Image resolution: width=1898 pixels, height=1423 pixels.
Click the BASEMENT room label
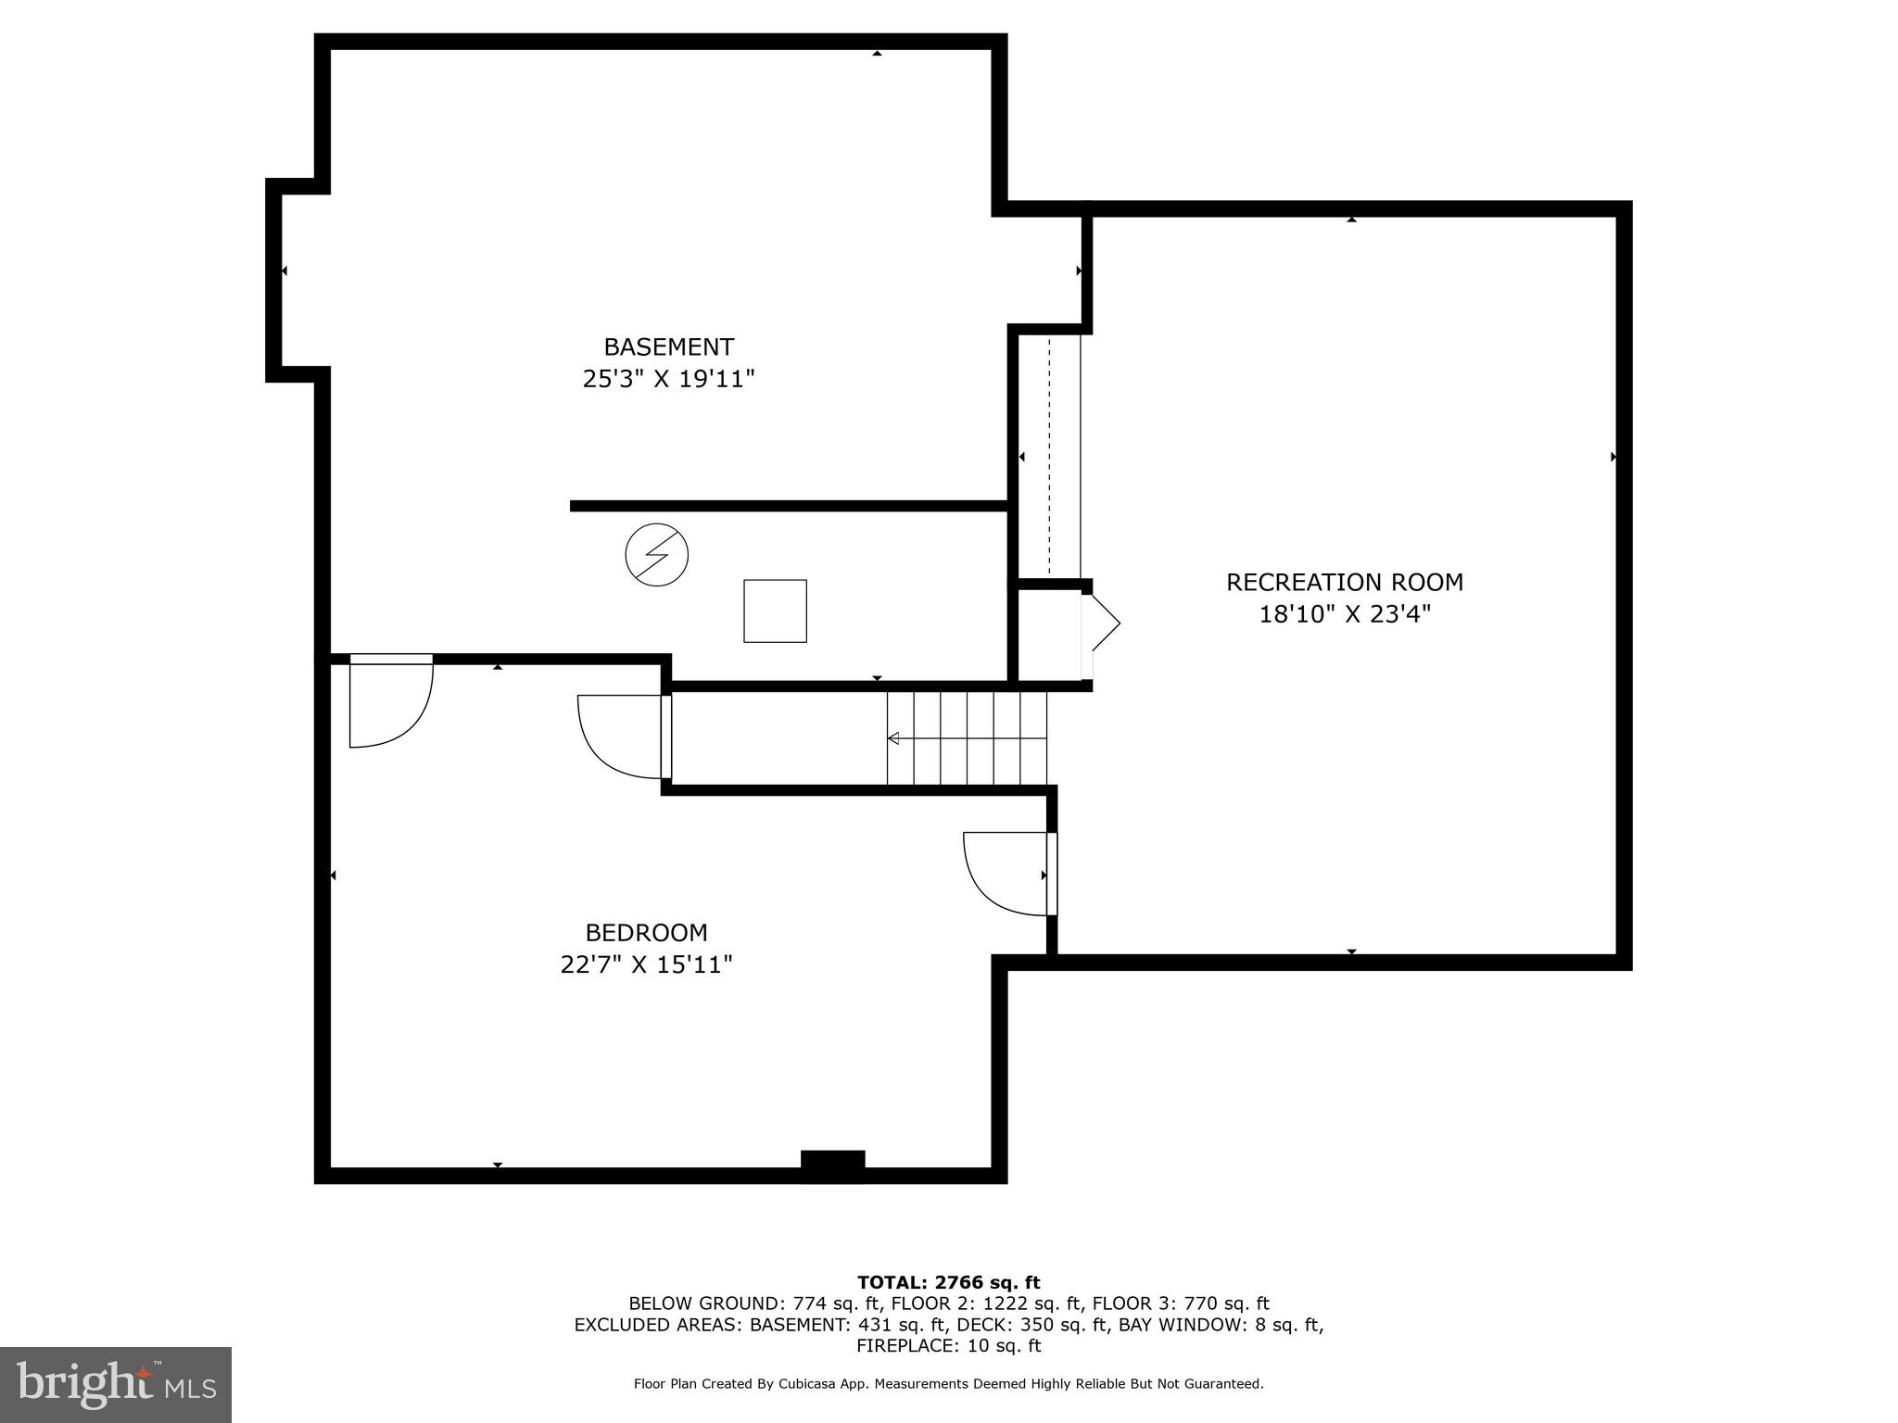(668, 347)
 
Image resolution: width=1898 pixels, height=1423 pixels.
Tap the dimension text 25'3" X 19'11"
(668, 379)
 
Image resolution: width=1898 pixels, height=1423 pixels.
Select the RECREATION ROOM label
(1344, 583)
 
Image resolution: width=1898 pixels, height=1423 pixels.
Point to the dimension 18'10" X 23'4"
(1344, 614)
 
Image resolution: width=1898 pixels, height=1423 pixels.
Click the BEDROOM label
(646, 933)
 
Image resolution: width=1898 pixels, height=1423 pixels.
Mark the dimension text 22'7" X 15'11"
(646, 964)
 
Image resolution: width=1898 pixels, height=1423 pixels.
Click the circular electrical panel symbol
(656, 555)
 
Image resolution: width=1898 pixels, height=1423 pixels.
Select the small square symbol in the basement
(775, 611)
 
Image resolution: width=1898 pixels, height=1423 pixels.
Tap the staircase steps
(967, 738)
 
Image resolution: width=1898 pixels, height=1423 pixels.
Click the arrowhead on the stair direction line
(893, 738)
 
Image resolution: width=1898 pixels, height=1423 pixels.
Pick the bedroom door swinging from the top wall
(389, 701)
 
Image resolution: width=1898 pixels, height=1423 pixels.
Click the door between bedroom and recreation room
(1008, 874)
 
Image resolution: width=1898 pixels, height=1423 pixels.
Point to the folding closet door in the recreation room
(1103, 623)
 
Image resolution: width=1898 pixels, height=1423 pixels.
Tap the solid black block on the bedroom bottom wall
(832, 1165)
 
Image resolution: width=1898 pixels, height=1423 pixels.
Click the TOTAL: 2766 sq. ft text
(948, 1282)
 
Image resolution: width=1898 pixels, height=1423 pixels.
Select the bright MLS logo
(116, 1384)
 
